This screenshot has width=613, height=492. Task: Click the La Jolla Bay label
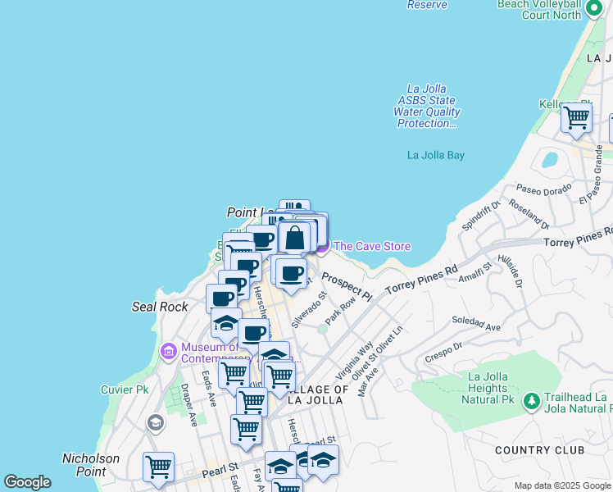click(x=436, y=155)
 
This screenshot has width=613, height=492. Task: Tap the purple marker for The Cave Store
click(x=321, y=246)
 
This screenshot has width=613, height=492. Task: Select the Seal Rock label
click(x=160, y=307)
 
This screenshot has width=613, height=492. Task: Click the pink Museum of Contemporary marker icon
click(x=169, y=352)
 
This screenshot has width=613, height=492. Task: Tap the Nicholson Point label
click(x=91, y=465)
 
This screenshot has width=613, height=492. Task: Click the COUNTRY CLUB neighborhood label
click(x=539, y=450)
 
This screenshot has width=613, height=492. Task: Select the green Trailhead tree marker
click(x=532, y=400)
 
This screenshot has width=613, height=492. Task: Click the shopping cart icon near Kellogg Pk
click(x=576, y=117)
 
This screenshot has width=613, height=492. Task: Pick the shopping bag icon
click(x=295, y=239)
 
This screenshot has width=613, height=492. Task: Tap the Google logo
click(x=27, y=482)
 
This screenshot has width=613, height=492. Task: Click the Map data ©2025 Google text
click(x=561, y=485)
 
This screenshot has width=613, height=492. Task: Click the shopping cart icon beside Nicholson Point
click(x=158, y=467)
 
